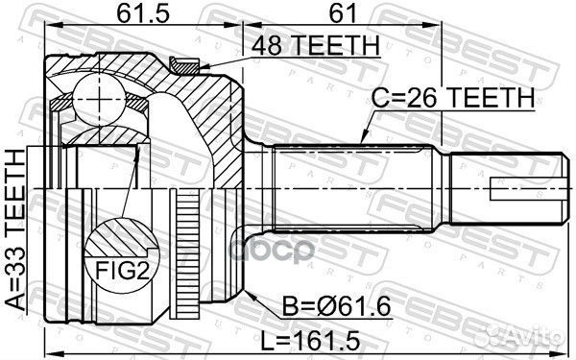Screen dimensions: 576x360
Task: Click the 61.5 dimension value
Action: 143,13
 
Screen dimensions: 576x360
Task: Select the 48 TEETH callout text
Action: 316,45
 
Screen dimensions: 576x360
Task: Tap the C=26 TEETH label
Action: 453,98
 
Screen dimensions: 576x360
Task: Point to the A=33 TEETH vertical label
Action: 15,230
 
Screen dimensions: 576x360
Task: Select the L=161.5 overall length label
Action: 310,341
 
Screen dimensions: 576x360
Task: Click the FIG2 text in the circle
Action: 122,271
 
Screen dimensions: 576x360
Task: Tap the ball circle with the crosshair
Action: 99,99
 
